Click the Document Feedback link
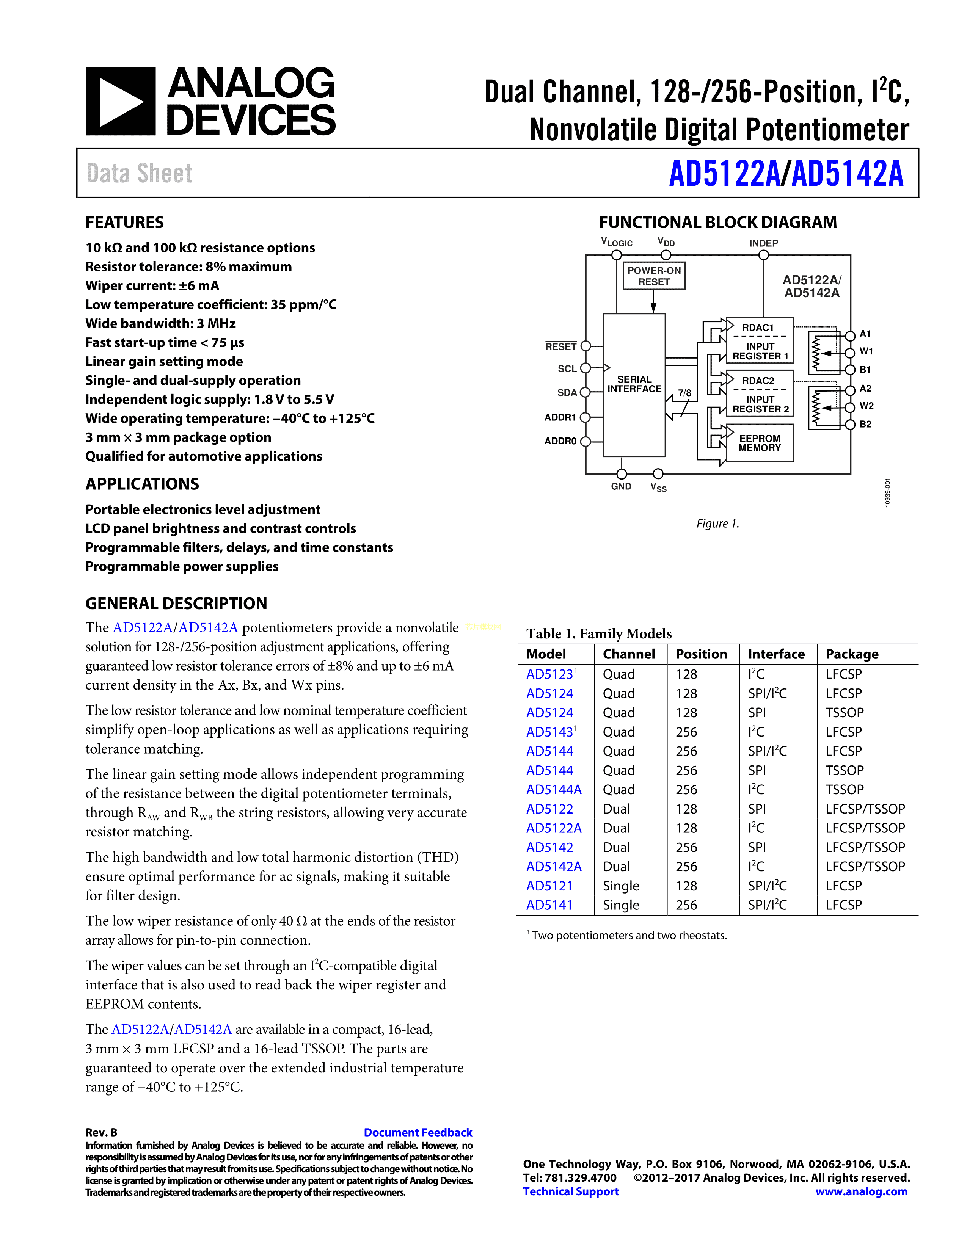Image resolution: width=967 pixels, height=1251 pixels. click(x=418, y=1132)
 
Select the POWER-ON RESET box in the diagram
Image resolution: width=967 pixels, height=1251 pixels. click(x=654, y=276)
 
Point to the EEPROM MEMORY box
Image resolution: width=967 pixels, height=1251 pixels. click(x=759, y=443)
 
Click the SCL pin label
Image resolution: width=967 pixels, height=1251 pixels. click(x=567, y=369)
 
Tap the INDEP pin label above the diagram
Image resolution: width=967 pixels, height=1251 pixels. click(x=763, y=243)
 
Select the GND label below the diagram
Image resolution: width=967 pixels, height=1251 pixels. click(x=621, y=486)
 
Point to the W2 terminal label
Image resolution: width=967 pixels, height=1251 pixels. click(x=866, y=406)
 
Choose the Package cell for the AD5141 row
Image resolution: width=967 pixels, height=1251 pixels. click(x=843, y=905)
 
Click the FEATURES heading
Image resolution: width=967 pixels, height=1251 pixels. click(x=124, y=222)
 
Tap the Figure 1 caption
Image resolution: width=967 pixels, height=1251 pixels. click(x=717, y=524)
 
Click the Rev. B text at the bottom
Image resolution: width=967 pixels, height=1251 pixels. click(x=101, y=1132)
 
